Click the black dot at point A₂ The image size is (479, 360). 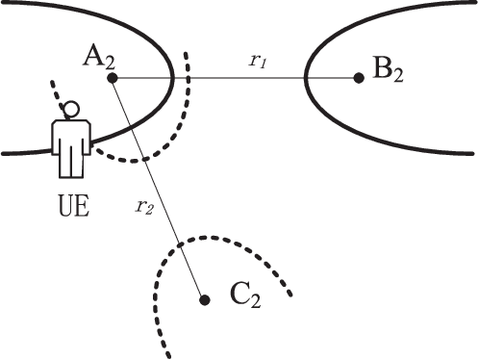(113, 77)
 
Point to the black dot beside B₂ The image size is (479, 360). (358, 77)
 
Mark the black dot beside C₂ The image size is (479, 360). (204, 299)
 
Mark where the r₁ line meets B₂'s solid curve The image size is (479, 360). (306, 77)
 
